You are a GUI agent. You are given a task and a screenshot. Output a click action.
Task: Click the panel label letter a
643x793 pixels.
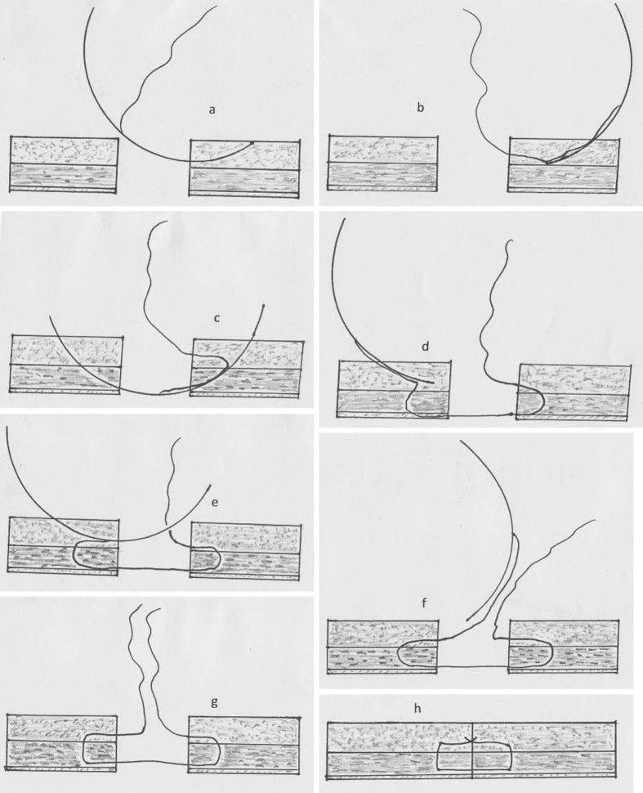[x=212, y=109]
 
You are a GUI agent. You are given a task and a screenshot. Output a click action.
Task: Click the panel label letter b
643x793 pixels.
[x=421, y=108]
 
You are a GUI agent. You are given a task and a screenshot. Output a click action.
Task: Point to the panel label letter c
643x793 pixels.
[x=218, y=318]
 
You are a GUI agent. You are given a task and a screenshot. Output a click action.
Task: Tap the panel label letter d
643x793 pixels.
[x=426, y=347]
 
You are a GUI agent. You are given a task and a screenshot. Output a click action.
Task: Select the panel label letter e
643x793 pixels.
[x=214, y=502]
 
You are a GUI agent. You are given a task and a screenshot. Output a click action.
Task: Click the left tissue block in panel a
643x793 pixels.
[x=65, y=166]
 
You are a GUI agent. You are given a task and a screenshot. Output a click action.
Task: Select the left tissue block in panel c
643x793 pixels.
[x=66, y=365]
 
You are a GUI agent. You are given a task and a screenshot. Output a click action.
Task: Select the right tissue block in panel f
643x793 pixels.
[x=563, y=646]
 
